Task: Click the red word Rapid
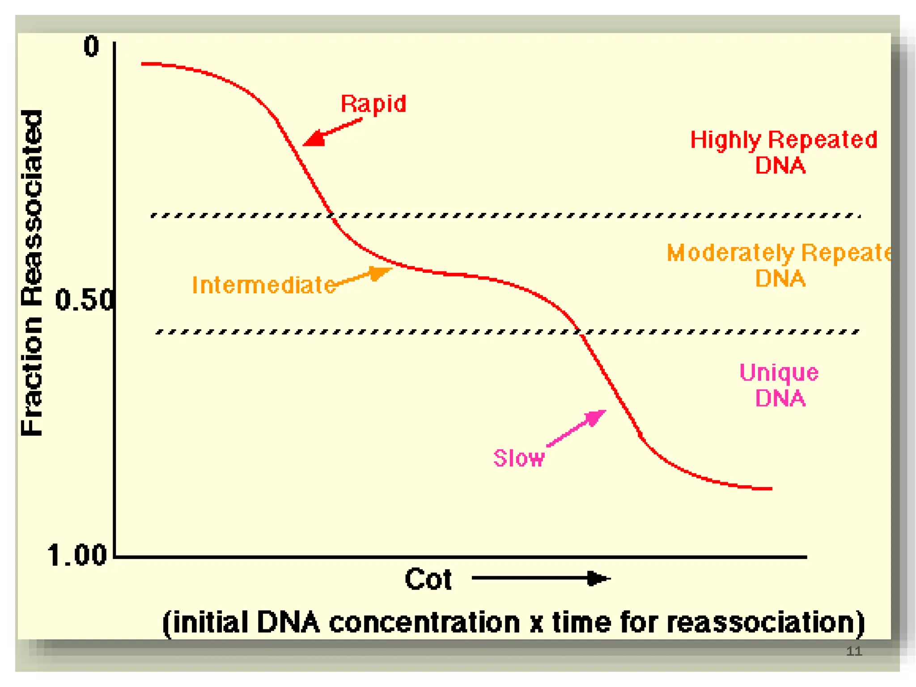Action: coord(373,104)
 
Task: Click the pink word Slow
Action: coord(519,458)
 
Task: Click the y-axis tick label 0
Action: coord(91,47)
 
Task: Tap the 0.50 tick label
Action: coord(84,300)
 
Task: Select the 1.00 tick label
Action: coord(77,556)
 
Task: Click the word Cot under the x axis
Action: coord(428,579)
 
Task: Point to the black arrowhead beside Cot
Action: coord(598,578)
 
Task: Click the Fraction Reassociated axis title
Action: coord(32,273)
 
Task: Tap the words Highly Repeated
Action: coord(783,140)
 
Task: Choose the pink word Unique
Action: coord(779,373)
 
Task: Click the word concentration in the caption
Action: coord(424,623)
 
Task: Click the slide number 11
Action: coord(854,651)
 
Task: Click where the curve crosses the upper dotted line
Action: coord(331,216)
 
